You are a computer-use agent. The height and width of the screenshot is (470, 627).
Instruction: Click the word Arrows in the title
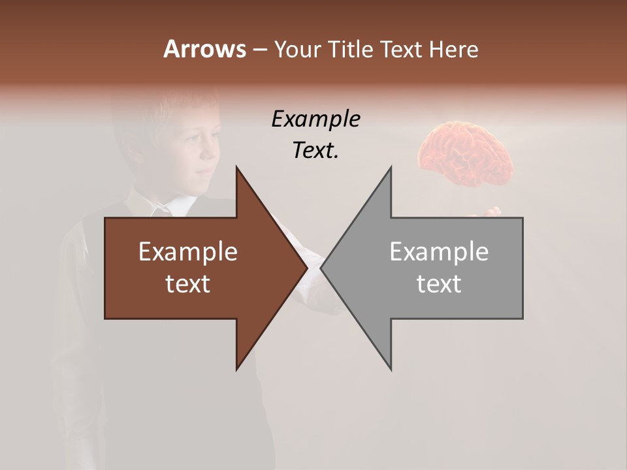point(204,49)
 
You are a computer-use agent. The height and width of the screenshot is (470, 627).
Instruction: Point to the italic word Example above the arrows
point(315,119)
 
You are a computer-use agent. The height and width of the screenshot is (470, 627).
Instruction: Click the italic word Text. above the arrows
point(315,151)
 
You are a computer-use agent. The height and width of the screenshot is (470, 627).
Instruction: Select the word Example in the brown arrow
point(187,251)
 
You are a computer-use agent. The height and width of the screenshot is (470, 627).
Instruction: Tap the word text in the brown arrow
point(187,284)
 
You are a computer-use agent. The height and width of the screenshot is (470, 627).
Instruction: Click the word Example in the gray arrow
point(439,251)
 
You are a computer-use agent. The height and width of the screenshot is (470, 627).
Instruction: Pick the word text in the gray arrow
point(439,284)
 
